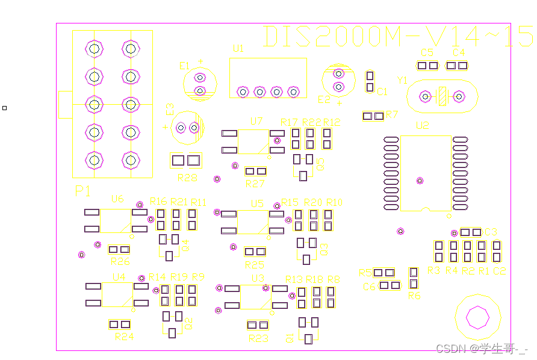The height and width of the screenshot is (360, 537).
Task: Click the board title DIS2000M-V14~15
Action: tap(398, 37)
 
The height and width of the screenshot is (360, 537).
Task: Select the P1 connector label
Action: tap(83, 191)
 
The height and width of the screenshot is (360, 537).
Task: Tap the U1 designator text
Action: tap(238, 49)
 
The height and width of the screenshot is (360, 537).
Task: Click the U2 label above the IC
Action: tap(422, 126)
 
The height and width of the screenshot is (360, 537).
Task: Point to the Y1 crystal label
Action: tap(403, 81)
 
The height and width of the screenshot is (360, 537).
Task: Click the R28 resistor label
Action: tap(187, 178)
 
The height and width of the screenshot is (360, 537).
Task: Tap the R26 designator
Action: tap(120, 261)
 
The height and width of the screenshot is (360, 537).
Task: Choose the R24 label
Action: tap(124, 337)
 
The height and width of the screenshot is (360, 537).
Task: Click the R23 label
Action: tap(258, 338)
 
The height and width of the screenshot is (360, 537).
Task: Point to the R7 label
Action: tap(393, 114)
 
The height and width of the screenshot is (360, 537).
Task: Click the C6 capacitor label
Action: tap(370, 287)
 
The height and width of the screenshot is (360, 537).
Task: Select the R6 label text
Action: tap(414, 296)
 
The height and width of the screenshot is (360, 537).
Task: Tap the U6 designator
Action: tap(117, 199)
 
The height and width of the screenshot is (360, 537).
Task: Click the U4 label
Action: tap(119, 276)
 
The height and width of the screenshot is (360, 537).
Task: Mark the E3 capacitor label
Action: tap(170, 109)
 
